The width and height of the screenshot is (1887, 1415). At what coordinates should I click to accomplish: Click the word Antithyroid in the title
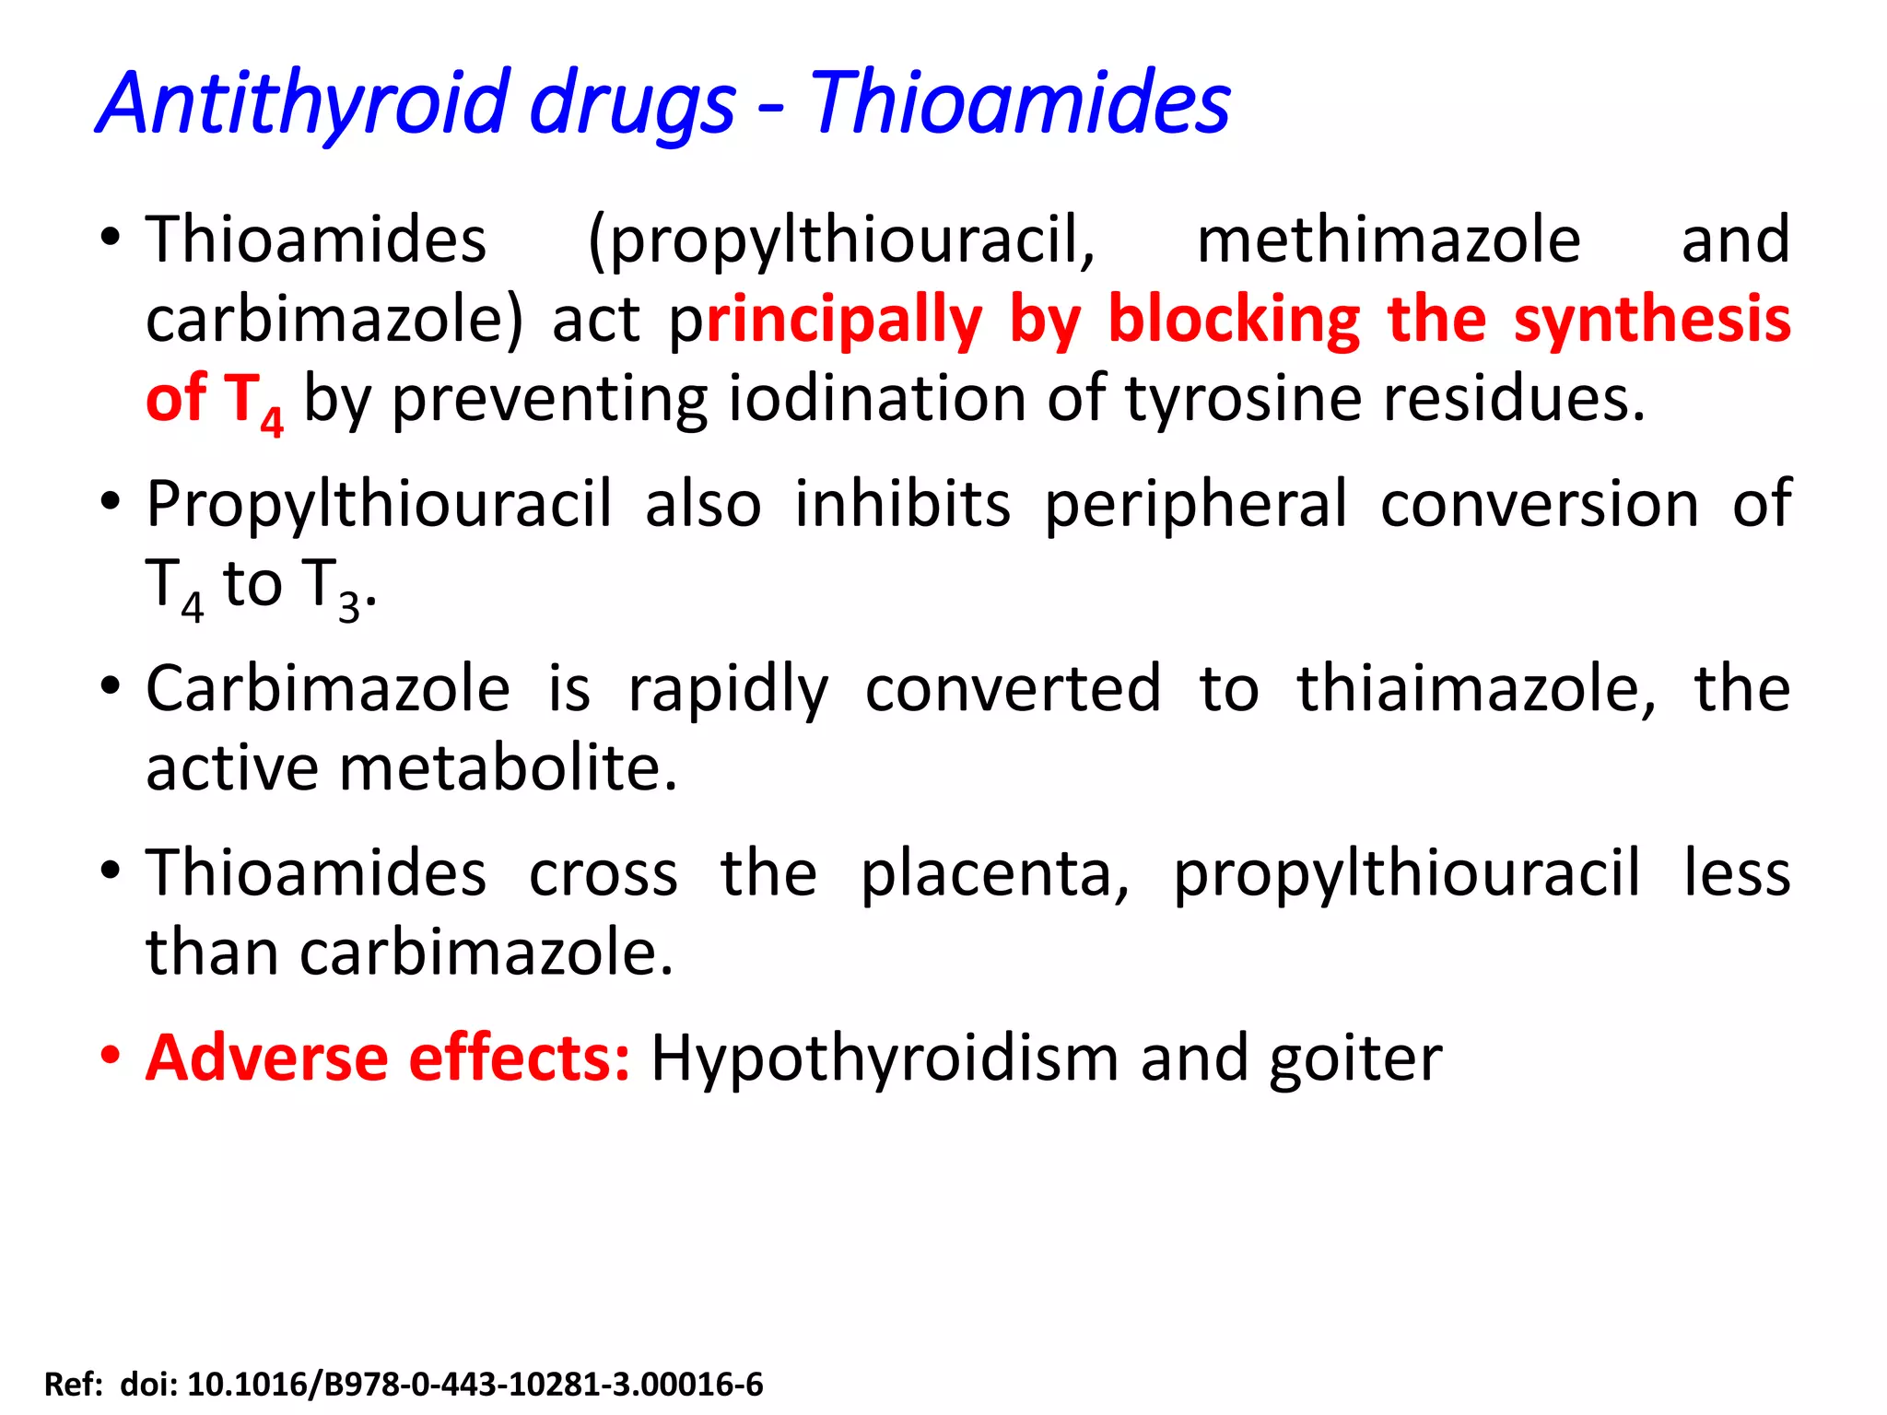[304, 103]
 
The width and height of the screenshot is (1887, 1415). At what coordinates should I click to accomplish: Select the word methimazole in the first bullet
[1389, 240]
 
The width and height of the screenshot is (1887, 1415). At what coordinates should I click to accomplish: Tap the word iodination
[877, 399]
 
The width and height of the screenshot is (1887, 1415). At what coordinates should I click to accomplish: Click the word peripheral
[1196, 506]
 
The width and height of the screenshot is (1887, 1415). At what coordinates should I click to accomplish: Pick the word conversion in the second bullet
[1540, 504]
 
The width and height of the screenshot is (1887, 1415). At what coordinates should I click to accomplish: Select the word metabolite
[509, 768]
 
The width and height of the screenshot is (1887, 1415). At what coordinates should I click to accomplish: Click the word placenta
[994, 872]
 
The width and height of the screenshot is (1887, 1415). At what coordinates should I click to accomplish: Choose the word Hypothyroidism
[884, 1059]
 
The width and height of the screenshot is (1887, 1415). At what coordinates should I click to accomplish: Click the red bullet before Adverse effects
[111, 1055]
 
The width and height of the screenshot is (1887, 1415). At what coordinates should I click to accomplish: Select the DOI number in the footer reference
[475, 1385]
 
